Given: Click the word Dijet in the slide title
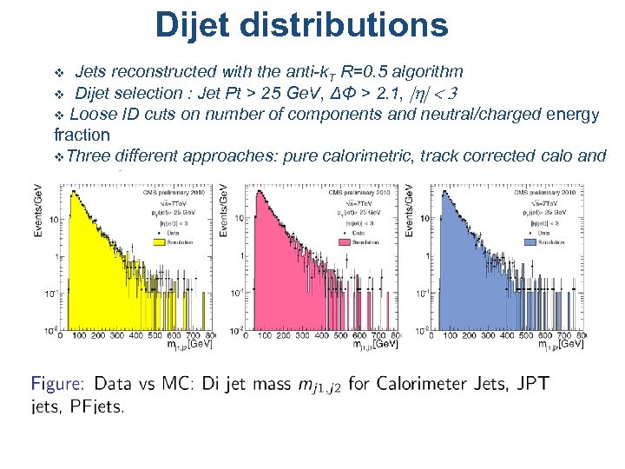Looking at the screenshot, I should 201,25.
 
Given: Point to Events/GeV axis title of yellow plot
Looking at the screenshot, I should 38,209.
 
